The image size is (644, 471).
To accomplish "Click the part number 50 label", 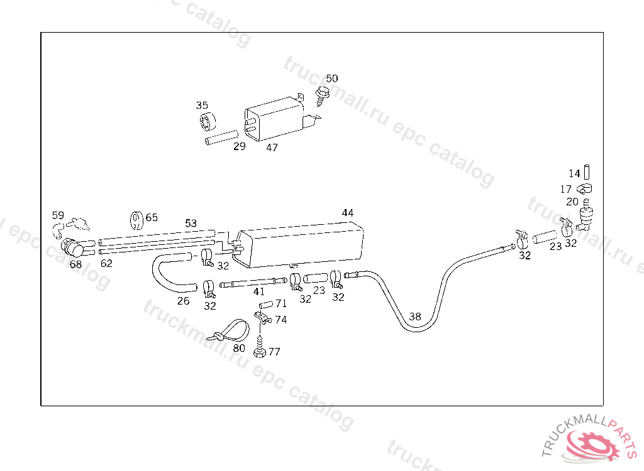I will point(331,78).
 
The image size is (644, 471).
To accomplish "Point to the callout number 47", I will point(272,148).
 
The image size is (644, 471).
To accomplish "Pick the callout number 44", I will point(348,213).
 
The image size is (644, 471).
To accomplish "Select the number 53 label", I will point(191,223).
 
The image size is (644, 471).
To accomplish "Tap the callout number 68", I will point(75,264).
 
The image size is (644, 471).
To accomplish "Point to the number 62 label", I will point(106,263).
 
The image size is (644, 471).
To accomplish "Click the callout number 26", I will point(183,301).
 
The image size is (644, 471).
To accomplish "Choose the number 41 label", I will point(259,291).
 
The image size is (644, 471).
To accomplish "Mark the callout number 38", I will point(415,317).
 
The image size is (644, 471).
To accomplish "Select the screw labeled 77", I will point(258,348).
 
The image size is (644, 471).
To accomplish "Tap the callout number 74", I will point(280,320).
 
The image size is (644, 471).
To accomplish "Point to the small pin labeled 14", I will point(589,172).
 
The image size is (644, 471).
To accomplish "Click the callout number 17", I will point(566,189).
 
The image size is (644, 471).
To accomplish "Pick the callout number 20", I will point(572,202).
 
